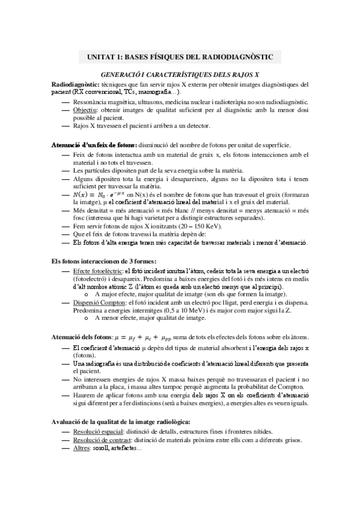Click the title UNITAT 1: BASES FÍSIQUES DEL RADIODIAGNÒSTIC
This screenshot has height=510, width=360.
180,57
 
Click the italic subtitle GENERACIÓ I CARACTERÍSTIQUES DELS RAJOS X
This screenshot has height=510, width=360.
180,74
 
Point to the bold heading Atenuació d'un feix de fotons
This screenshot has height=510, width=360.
95,145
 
